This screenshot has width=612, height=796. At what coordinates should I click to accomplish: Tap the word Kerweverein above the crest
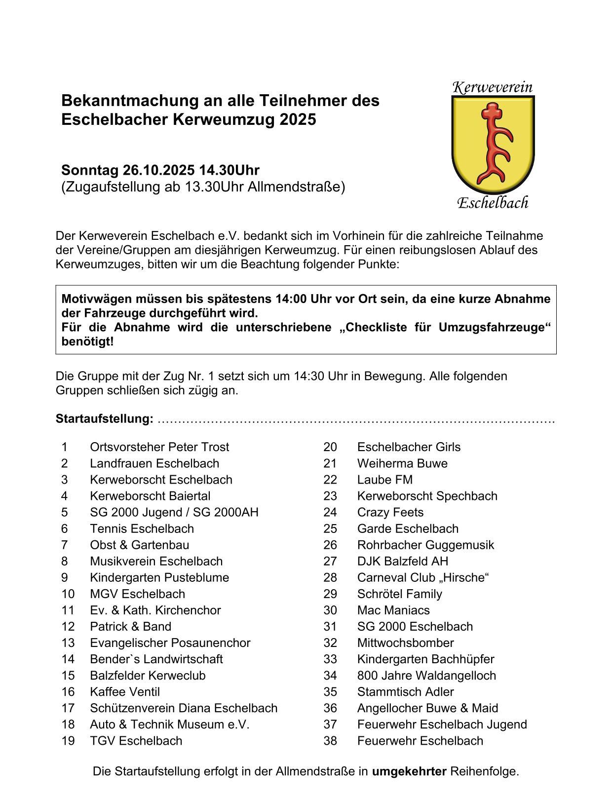pos(493,88)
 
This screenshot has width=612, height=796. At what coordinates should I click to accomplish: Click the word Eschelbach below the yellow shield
pos(493,203)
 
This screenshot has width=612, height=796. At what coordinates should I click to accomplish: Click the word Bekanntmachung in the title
pos(129,101)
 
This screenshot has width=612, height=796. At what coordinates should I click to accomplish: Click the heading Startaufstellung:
pos(105,419)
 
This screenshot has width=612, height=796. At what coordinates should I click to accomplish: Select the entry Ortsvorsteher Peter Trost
pos(159,447)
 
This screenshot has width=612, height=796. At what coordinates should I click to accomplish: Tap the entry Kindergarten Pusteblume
pos(159,577)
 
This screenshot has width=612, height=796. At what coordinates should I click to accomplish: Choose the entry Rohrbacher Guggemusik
pos(425,545)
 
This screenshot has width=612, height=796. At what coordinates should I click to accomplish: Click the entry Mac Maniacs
pos(393,610)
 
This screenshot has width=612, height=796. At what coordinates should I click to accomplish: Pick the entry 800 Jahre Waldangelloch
pos(426,675)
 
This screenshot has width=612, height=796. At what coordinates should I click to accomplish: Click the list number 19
pos(68,741)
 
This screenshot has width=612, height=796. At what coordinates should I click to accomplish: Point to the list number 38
pos(330,741)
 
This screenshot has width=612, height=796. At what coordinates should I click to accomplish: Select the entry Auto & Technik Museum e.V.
pos(170,724)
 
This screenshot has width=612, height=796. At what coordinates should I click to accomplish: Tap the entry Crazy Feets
pos(390,512)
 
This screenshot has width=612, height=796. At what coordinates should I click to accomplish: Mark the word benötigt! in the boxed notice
pos(87,341)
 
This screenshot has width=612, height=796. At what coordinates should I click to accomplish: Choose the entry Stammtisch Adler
pos(406,692)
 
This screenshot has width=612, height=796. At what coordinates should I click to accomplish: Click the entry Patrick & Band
pos(131,627)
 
